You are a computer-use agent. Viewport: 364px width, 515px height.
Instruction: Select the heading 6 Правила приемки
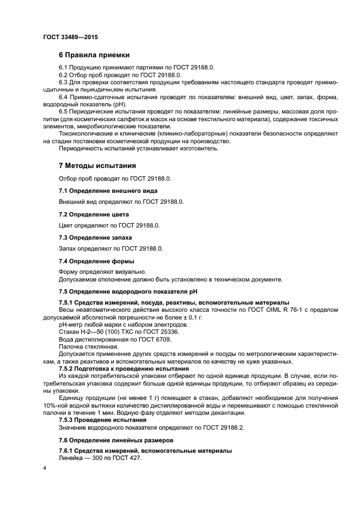tap(94, 55)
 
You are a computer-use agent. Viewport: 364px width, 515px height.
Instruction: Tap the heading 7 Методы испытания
tap(98, 165)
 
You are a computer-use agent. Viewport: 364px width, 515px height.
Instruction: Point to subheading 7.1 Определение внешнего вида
tap(108, 191)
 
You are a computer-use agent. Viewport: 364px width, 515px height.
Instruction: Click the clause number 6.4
tap(64, 97)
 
